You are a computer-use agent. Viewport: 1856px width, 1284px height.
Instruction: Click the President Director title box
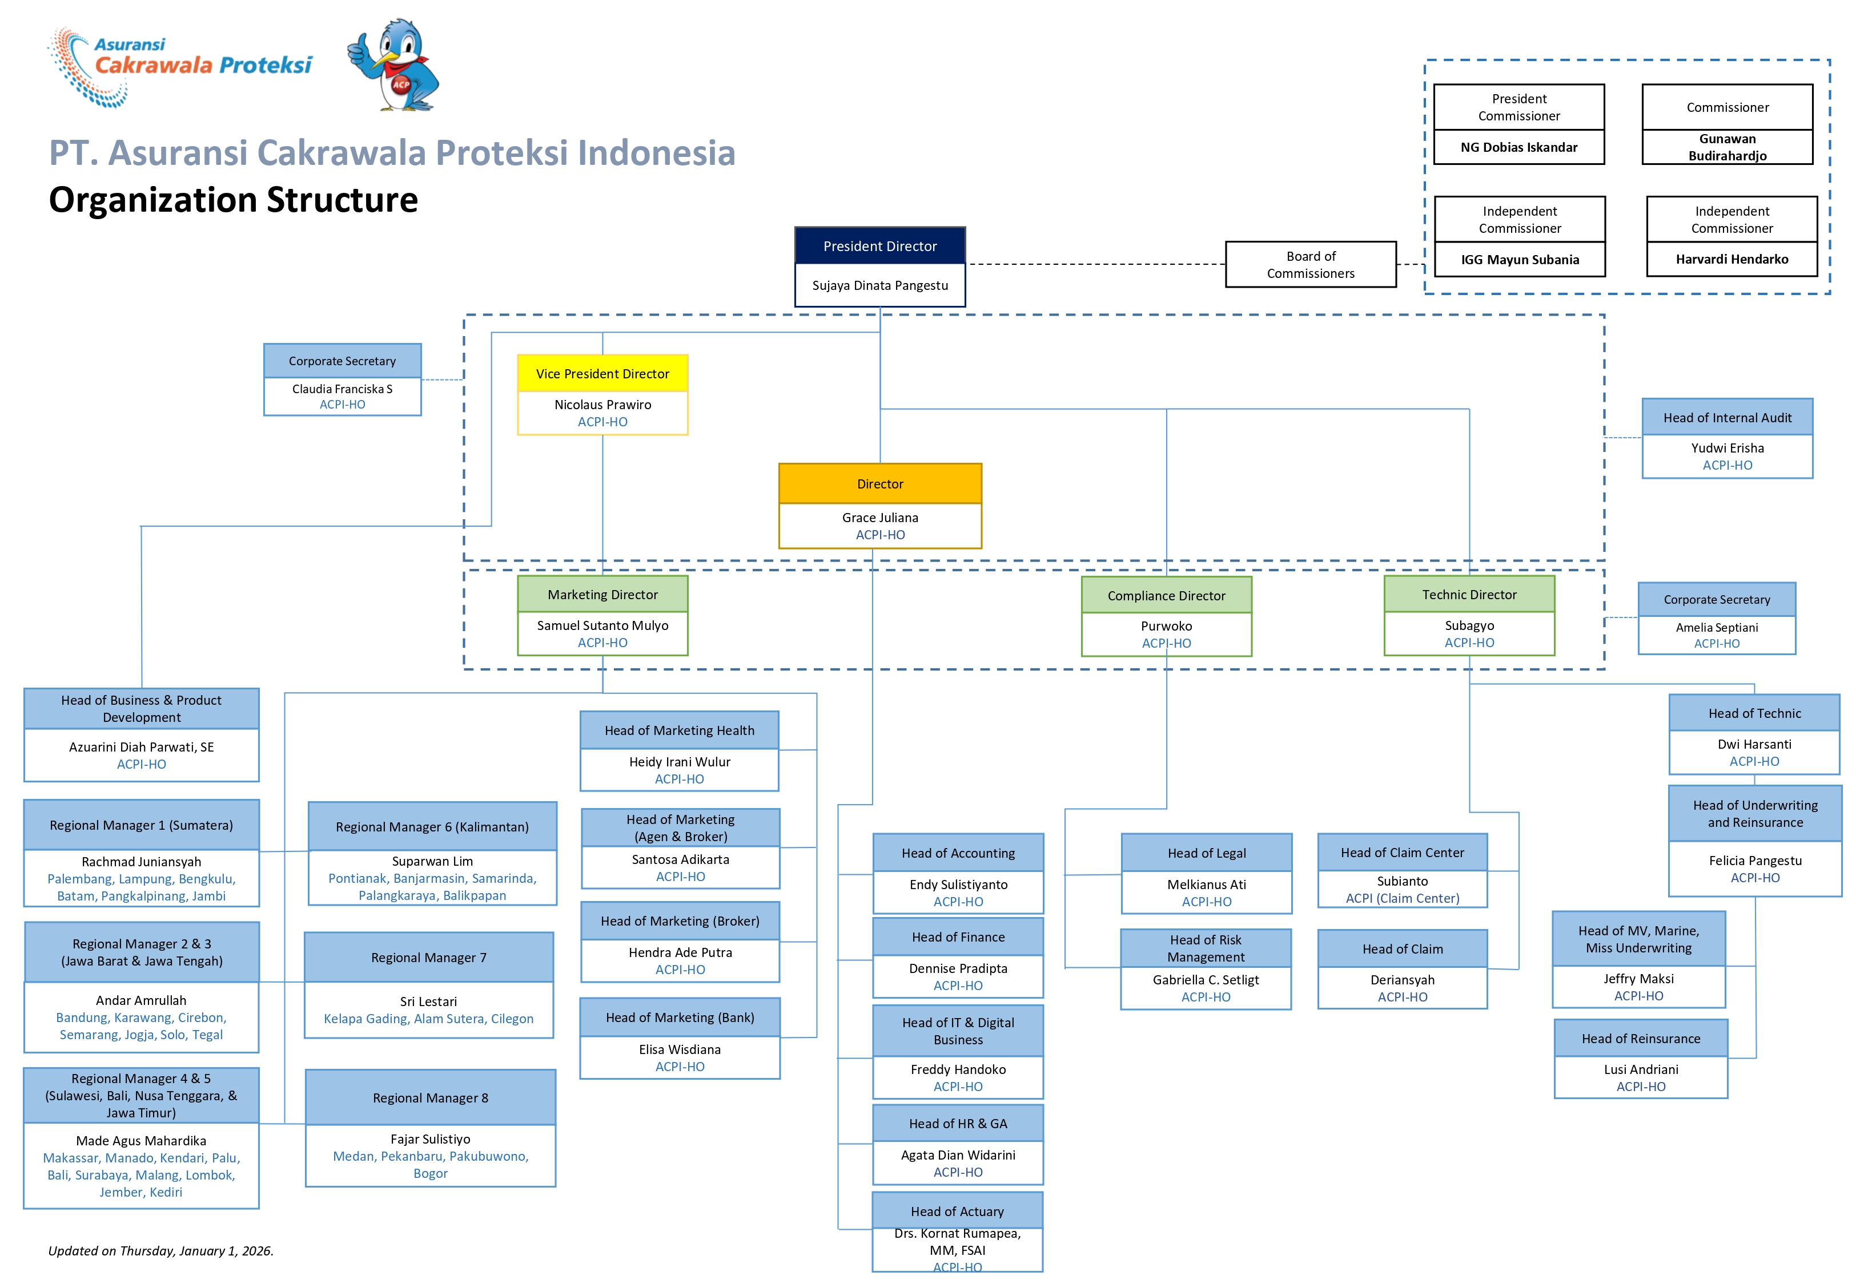pyautogui.click(x=879, y=246)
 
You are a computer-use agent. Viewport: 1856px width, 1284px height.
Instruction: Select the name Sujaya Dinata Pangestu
pyautogui.click(x=879, y=285)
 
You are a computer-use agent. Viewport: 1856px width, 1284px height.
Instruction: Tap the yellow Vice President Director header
pyautogui.click(x=602, y=374)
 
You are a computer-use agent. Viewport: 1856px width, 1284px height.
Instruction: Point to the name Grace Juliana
pyautogui.click(x=879, y=517)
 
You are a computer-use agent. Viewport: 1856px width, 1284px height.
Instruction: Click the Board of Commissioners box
pyautogui.click(x=1309, y=265)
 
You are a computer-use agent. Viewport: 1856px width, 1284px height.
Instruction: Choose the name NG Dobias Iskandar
pyautogui.click(x=1518, y=147)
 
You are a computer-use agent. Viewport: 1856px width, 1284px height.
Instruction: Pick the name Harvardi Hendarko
pyautogui.click(x=1732, y=259)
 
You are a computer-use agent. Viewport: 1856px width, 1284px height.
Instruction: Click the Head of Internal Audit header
pyautogui.click(x=1726, y=418)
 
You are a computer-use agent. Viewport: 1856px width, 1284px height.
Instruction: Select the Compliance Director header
pyautogui.click(x=1166, y=595)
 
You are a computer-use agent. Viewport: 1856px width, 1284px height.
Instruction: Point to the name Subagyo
pyautogui.click(x=1468, y=625)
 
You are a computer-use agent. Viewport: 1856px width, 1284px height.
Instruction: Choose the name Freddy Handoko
pyautogui.click(x=957, y=1069)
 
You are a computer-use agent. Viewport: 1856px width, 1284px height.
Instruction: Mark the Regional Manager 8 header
pyautogui.click(x=430, y=1097)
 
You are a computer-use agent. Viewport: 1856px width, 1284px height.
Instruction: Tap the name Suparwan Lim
pyautogui.click(x=431, y=861)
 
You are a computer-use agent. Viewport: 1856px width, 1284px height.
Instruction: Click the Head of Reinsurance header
pyautogui.click(x=1640, y=1039)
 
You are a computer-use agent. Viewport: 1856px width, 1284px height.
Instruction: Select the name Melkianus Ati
pyautogui.click(x=1206, y=884)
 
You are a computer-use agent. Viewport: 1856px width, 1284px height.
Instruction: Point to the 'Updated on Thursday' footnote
pyautogui.click(x=161, y=1250)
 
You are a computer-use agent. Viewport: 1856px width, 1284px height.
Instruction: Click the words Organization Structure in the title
pyautogui.click(x=234, y=200)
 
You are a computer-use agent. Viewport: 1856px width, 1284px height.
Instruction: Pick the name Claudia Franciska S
pyautogui.click(x=342, y=389)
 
